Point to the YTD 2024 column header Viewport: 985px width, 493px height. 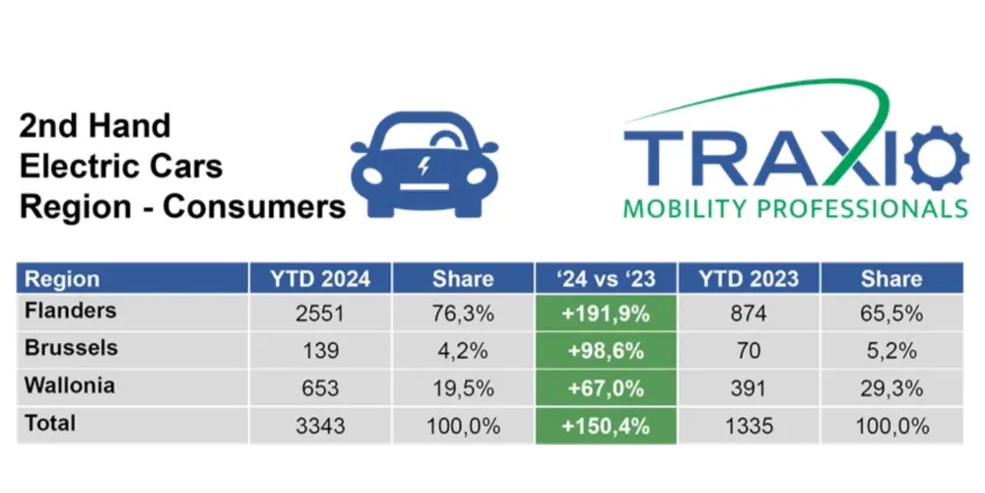(320, 278)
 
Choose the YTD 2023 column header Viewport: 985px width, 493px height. (748, 278)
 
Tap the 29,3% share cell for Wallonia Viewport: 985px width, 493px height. (891, 388)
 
